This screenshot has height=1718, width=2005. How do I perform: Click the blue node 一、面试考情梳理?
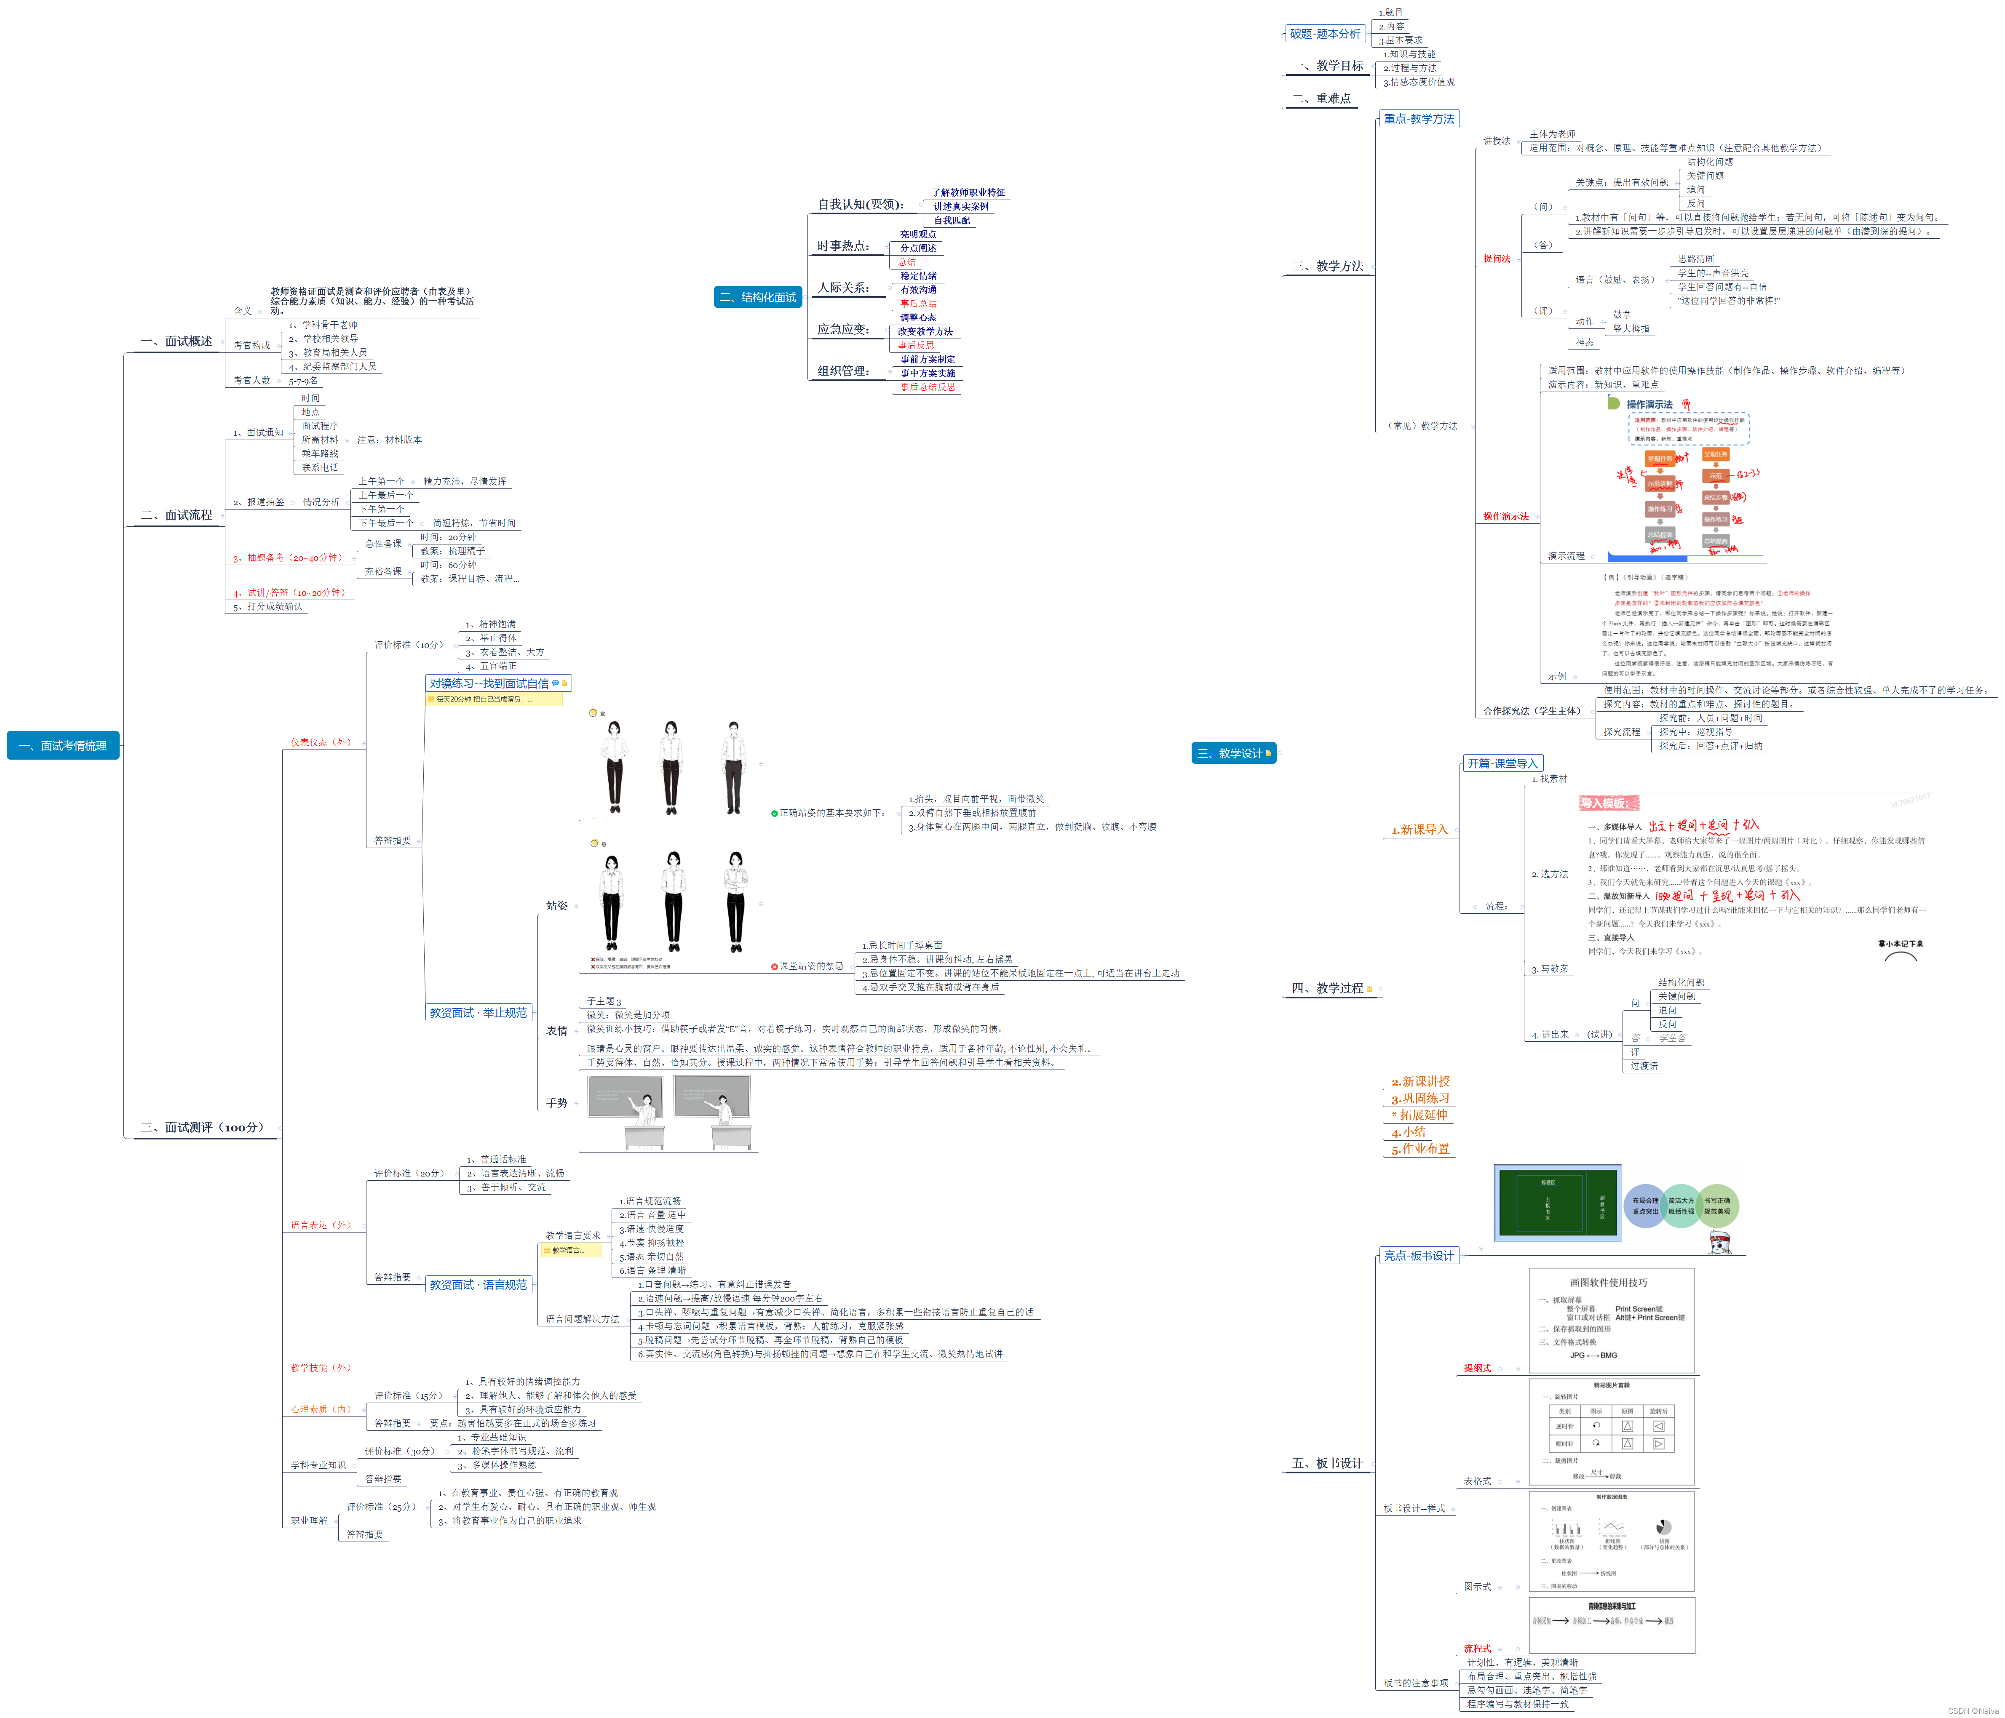click(x=63, y=746)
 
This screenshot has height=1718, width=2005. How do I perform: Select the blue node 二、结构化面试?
click(x=758, y=297)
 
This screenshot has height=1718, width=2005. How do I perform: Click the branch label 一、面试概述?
click(x=176, y=341)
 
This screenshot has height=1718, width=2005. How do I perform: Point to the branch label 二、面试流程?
click(x=176, y=515)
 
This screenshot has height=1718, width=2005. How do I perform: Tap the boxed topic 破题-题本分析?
click(x=1325, y=34)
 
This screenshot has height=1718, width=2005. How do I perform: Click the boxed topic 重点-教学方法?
click(x=1419, y=119)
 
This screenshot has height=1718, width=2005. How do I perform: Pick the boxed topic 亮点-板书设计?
click(x=1419, y=1256)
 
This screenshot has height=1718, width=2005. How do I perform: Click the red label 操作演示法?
click(x=1506, y=517)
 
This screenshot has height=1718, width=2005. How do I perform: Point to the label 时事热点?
click(x=843, y=246)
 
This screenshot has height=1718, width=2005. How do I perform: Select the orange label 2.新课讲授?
click(x=1420, y=1081)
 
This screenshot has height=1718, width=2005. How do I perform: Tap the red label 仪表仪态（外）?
click(x=321, y=742)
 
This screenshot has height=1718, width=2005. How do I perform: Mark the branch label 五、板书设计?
click(x=1328, y=1463)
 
